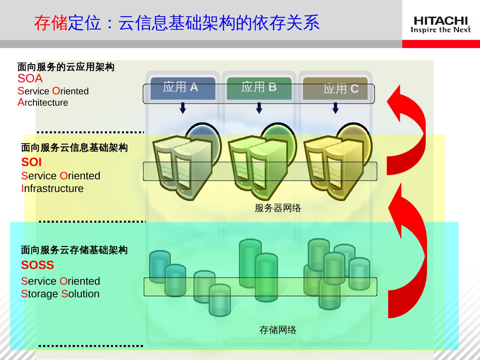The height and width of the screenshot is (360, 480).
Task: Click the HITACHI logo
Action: point(440,25)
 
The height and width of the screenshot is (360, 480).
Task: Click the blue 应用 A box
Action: point(183,88)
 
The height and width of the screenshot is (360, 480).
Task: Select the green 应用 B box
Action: point(259,88)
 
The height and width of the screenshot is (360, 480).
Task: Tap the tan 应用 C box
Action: point(335,88)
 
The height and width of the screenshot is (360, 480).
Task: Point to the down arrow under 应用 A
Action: point(183,108)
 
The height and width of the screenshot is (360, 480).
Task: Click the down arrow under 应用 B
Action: point(259,108)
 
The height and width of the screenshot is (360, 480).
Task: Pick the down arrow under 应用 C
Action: point(335,108)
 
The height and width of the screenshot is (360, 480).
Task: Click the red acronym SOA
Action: point(30,79)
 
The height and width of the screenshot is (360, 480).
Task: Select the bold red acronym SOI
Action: point(31,162)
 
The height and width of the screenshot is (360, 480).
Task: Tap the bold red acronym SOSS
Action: point(37,265)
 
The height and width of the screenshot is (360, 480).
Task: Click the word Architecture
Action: point(43,103)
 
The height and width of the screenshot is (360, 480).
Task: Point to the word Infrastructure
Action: point(52,189)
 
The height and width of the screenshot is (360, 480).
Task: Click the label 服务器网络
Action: point(278,208)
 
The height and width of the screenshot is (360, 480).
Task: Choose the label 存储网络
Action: point(278,330)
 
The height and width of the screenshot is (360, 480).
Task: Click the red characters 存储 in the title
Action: point(51,23)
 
